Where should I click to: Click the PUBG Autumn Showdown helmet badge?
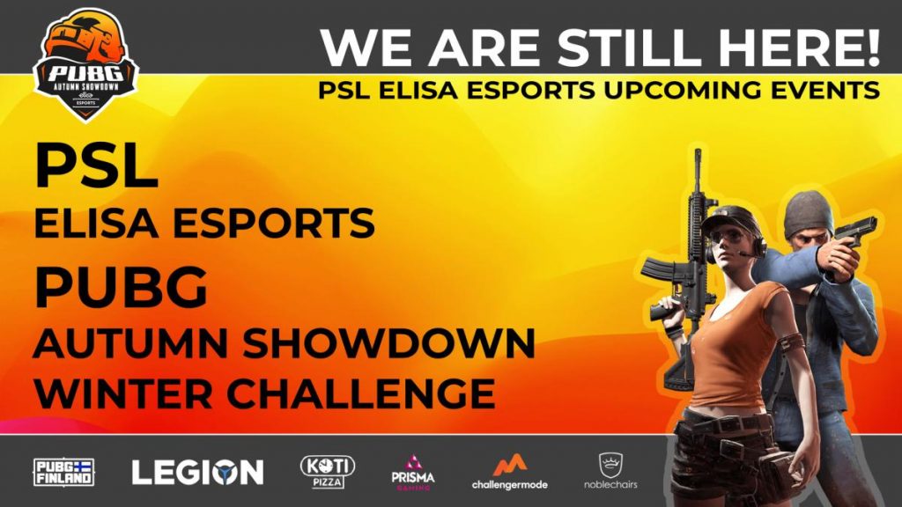click(85, 64)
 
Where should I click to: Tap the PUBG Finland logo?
click(63, 473)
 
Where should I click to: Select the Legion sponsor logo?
click(197, 473)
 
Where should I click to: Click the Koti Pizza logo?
click(328, 472)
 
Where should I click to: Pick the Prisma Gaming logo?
click(413, 473)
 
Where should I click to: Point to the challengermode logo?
click(510, 473)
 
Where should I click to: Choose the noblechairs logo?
click(610, 471)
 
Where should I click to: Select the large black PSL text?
click(96, 165)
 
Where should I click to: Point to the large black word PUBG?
click(121, 288)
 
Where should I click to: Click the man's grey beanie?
click(809, 214)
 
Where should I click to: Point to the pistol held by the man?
click(855, 231)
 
